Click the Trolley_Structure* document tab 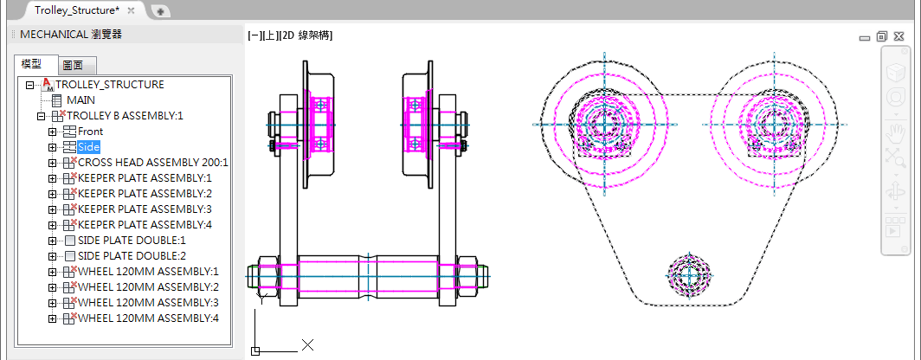click(76, 10)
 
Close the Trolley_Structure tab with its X click(131, 10)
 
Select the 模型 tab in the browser click(31, 65)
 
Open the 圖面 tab click(73, 66)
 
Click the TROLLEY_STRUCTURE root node click(109, 85)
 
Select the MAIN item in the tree click(81, 100)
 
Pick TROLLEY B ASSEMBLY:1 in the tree click(126, 116)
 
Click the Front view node click(90, 132)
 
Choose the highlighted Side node click(88, 147)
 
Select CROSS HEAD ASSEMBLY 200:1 click(152, 163)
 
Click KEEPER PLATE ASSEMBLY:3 click(145, 209)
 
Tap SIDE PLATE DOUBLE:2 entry click(132, 256)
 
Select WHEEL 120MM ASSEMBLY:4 click(148, 318)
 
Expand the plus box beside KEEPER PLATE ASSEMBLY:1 click(52, 178)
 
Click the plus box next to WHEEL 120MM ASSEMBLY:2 click(52, 287)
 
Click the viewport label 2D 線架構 click(308, 35)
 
